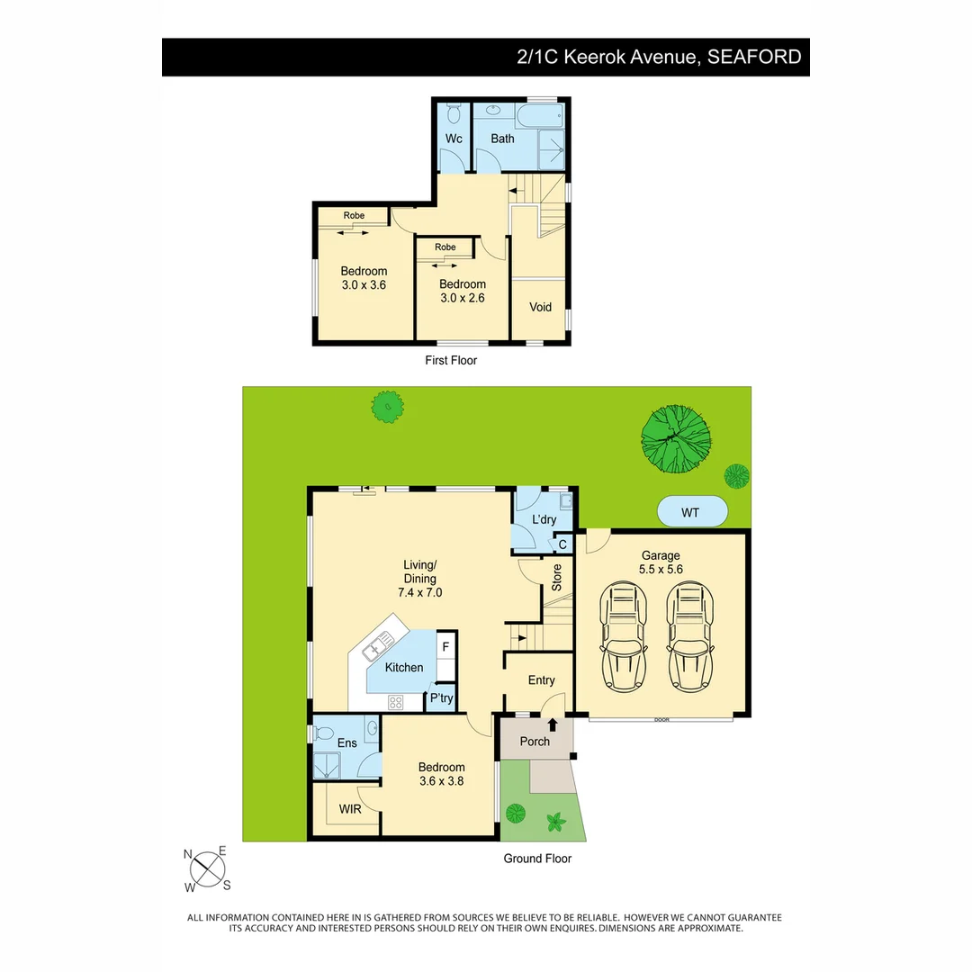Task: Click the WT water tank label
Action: point(690,513)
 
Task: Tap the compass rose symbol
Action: point(207,869)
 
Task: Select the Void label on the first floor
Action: point(540,307)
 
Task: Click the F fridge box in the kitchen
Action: point(445,647)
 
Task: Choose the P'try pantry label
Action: point(441,698)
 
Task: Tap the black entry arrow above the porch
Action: point(553,724)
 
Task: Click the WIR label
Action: point(349,809)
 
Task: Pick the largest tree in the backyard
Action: point(675,439)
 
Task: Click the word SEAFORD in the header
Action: point(754,57)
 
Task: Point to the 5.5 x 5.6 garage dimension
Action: point(661,569)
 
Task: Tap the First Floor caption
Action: point(451,360)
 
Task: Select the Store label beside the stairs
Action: point(557,577)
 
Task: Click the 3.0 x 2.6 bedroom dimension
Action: point(463,298)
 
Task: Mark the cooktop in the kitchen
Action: point(395,702)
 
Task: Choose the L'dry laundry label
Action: point(544,519)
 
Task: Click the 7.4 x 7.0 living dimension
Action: point(419,592)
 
